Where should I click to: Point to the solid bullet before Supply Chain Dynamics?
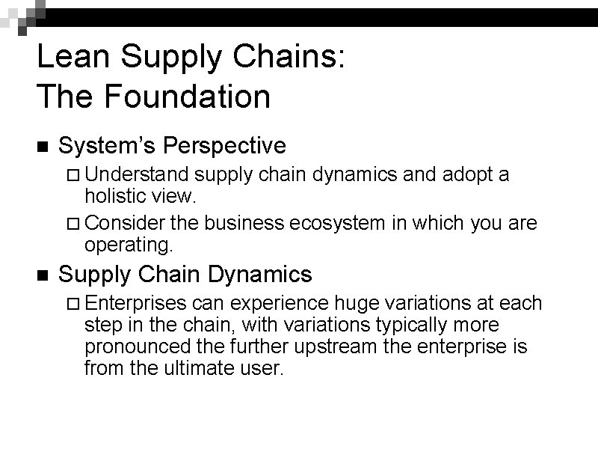click(42, 275)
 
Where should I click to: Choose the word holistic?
click(113, 198)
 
